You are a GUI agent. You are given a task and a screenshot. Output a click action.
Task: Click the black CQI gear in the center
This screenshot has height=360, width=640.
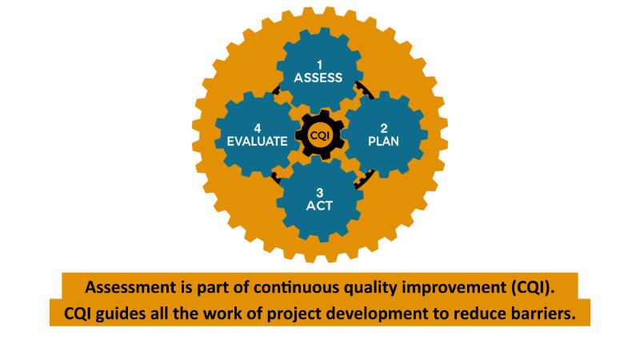pos(320,134)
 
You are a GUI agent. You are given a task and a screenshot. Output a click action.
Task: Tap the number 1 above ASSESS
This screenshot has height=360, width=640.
pos(319,65)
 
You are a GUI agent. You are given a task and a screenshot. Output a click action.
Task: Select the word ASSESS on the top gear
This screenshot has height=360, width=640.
pos(318,78)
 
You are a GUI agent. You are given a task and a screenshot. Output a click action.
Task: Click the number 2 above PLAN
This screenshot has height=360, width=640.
pos(384,129)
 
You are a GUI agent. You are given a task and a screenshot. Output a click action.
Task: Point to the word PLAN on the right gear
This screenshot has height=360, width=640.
pos(384,142)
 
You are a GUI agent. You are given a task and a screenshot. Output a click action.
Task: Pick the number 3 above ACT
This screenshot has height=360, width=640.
pos(319,193)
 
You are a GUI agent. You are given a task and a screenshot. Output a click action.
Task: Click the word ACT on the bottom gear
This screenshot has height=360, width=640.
pos(319,206)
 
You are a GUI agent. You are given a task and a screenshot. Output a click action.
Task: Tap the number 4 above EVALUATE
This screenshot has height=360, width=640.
pos(258,129)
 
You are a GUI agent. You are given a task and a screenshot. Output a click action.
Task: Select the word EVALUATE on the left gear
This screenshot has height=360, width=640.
pos(257,142)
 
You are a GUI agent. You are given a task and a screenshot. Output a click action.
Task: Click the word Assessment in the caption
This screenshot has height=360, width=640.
pos(130,287)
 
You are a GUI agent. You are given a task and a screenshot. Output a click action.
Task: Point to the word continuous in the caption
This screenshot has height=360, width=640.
pos(296,287)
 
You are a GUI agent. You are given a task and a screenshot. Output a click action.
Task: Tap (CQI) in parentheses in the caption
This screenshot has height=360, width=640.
pos(533,288)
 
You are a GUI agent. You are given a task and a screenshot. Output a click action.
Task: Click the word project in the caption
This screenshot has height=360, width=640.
pos(293,314)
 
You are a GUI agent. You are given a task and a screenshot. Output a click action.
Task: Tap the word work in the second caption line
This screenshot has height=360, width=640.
pos(222,314)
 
